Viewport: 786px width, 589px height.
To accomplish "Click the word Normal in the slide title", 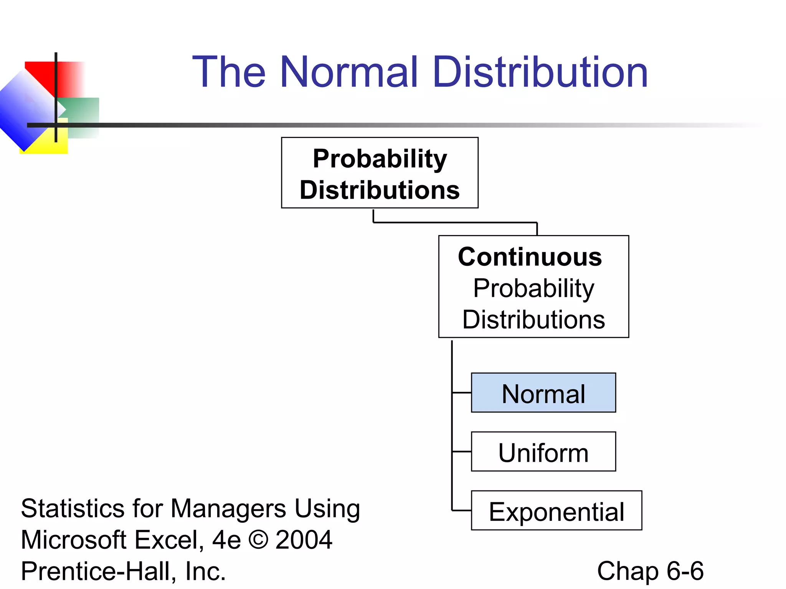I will [x=348, y=72].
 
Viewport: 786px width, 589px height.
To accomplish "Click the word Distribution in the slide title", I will [x=540, y=72].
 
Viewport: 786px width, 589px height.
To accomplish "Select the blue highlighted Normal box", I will [x=543, y=393].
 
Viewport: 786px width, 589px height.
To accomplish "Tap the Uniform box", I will [x=543, y=452].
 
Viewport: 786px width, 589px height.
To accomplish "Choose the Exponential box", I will [x=556, y=511].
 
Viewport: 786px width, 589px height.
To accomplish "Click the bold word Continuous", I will [x=530, y=257].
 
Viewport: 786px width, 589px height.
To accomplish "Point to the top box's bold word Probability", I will [x=380, y=159].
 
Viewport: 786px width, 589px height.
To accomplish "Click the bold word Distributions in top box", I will [x=380, y=190].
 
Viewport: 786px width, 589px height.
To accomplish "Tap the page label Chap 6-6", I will [x=650, y=571].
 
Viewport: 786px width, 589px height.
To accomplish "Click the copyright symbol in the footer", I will [x=258, y=540].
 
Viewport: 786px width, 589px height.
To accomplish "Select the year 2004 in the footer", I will [x=304, y=540].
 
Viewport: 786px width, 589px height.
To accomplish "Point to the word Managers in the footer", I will [x=228, y=509].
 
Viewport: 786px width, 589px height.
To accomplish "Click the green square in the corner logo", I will [x=83, y=111].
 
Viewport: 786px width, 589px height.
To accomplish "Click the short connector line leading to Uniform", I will [x=462, y=452].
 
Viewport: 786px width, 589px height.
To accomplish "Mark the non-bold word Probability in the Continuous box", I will [x=533, y=288].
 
